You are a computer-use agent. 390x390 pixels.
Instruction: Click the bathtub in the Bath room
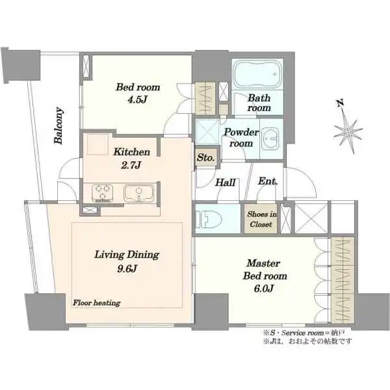[257, 74]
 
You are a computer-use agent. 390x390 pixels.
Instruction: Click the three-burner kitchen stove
[103, 193]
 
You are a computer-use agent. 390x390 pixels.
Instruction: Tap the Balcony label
[58, 125]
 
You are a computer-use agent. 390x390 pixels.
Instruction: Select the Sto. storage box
[206, 157]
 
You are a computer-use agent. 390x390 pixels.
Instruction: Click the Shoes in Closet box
[261, 218]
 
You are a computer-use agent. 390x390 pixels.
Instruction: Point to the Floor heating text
[96, 303]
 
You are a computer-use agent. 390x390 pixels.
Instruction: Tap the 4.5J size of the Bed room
[138, 99]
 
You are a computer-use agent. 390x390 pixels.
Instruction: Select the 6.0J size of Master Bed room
[264, 288]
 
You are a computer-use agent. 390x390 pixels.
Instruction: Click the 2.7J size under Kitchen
[131, 165]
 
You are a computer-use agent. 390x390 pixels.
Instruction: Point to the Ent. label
[268, 181]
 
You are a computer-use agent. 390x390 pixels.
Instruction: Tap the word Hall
[226, 183]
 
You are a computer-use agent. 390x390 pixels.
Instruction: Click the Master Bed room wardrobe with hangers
[343, 280]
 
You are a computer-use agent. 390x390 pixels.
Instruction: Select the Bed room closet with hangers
[205, 99]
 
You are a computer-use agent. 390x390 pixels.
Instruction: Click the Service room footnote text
[304, 333]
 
